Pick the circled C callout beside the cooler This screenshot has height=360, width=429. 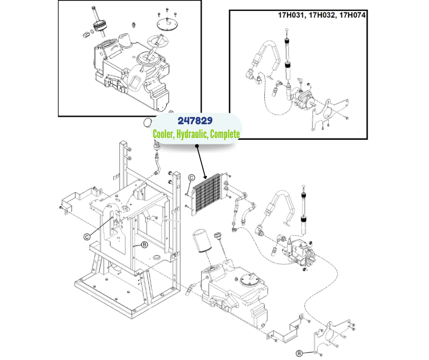(x=192, y=178)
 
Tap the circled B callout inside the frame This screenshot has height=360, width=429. (x=144, y=245)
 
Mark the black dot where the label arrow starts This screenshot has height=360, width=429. (x=197, y=146)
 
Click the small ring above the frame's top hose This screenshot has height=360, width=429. (x=147, y=122)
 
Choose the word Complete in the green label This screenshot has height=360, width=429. (x=223, y=134)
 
